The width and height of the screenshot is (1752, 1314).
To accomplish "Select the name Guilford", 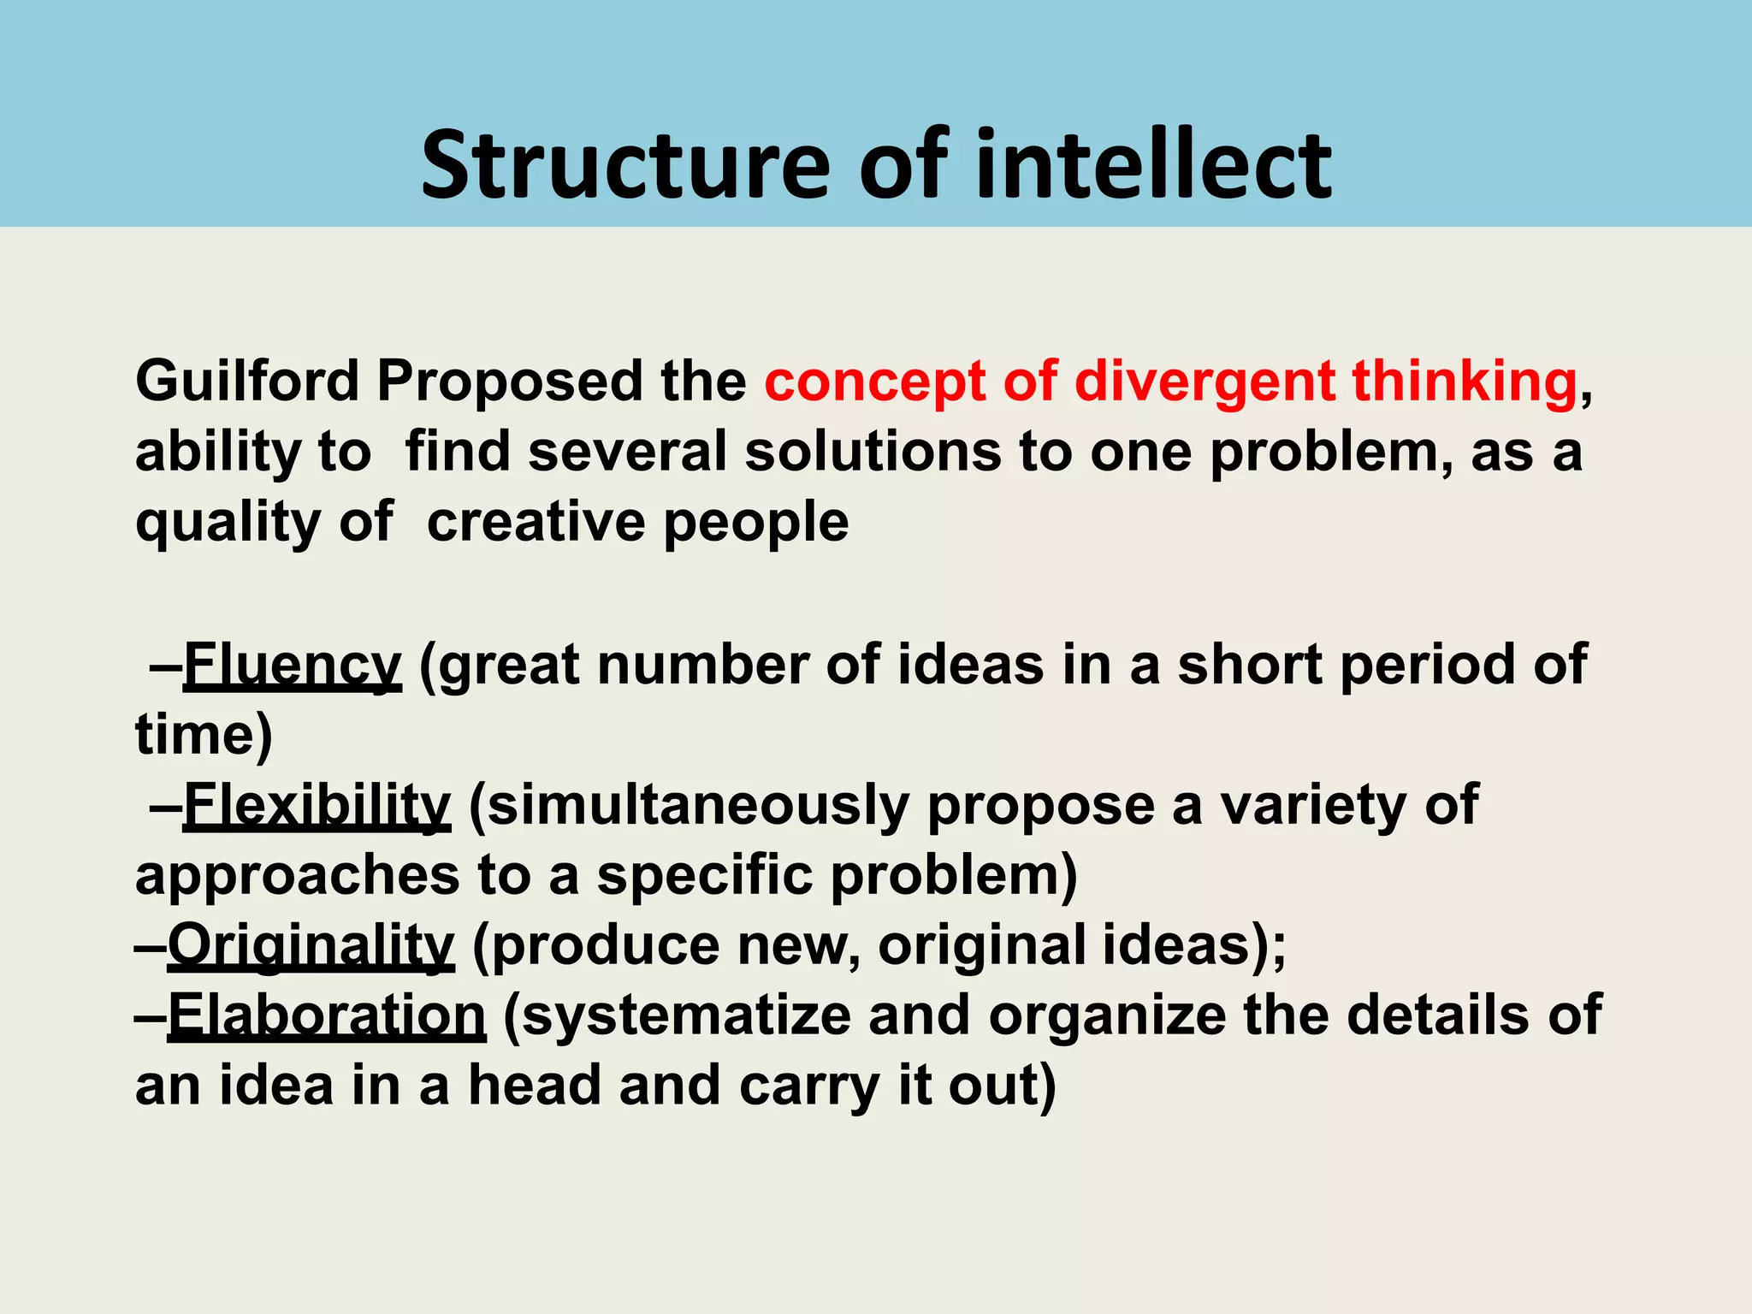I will [x=247, y=382].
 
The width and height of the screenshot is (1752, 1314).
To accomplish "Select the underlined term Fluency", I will [x=292, y=665].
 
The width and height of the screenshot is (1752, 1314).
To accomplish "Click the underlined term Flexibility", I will [x=317, y=806].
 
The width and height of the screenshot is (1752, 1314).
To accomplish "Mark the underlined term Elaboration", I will [x=327, y=1015].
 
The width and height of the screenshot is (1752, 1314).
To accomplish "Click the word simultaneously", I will [x=698, y=806].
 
